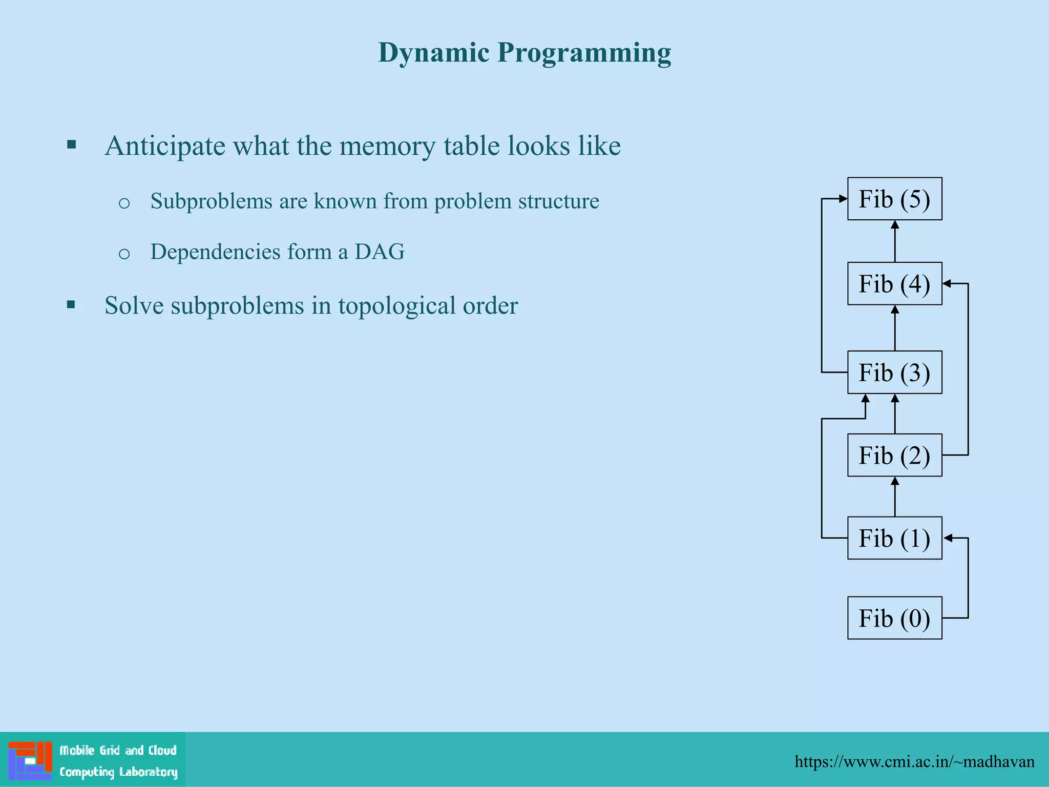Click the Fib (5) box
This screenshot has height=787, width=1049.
pyautogui.click(x=894, y=199)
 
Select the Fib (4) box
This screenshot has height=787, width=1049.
pyautogui.click(x=894, y=284)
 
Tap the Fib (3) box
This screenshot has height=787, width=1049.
pyautogui.click(x=894, y=372)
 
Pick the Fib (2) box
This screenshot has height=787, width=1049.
pyautogui.click(x=894, y=455)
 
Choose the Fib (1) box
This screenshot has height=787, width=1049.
pyautogui.click(x=894, y=538)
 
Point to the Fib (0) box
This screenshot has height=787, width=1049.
pyautogui.click(x=894, y=618)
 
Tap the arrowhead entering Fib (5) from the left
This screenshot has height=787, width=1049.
pyautogui.click(x=843, y=199)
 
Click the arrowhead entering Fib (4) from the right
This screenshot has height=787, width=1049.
pyautogui.click(x=947, y=283)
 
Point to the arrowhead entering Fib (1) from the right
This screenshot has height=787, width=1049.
pyautogui.click(x=948, y=538)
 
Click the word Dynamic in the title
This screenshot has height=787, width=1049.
pyautogui.click(x=433, y=52)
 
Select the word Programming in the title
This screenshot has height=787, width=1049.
pyautogui.click(x=584, y=53)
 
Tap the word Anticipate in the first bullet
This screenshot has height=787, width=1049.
pyautogui.click(x=165, y=146)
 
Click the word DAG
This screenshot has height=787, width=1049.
pyautogui.click(x=380, y=252)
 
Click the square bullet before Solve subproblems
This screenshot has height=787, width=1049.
pyautogui.click(x=71, y=305)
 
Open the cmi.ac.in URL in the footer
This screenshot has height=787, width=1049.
pyautogui.click(x=914, y=761)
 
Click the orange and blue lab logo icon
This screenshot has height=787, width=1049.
pyautogui.click(x=30, y=760)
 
